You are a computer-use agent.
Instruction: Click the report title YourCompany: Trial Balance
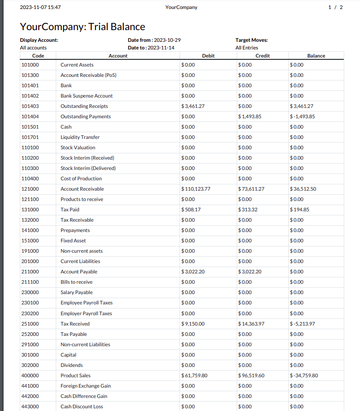click(82, 27)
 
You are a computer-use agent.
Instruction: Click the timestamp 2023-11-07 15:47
click(40, 7)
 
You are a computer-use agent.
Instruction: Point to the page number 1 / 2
click(336, 7)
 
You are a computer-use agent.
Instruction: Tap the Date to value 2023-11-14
click(161, 48)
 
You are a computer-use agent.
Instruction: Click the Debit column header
click(208, 56)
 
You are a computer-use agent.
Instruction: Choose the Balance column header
click(316, 56)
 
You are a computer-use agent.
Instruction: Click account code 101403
click(30, 106)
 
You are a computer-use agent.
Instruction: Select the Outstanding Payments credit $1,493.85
click(250, 116)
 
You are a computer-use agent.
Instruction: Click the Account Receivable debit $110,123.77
click(196, 189)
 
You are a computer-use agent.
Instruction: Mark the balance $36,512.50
click(303, 189)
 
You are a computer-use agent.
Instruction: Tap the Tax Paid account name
click(70, 210)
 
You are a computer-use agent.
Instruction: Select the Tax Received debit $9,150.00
click(193, 324)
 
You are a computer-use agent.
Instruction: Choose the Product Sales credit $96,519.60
click(251, 375)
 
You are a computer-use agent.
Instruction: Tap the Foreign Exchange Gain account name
click(85, 386)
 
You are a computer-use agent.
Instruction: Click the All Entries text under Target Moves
click(247, 48)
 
